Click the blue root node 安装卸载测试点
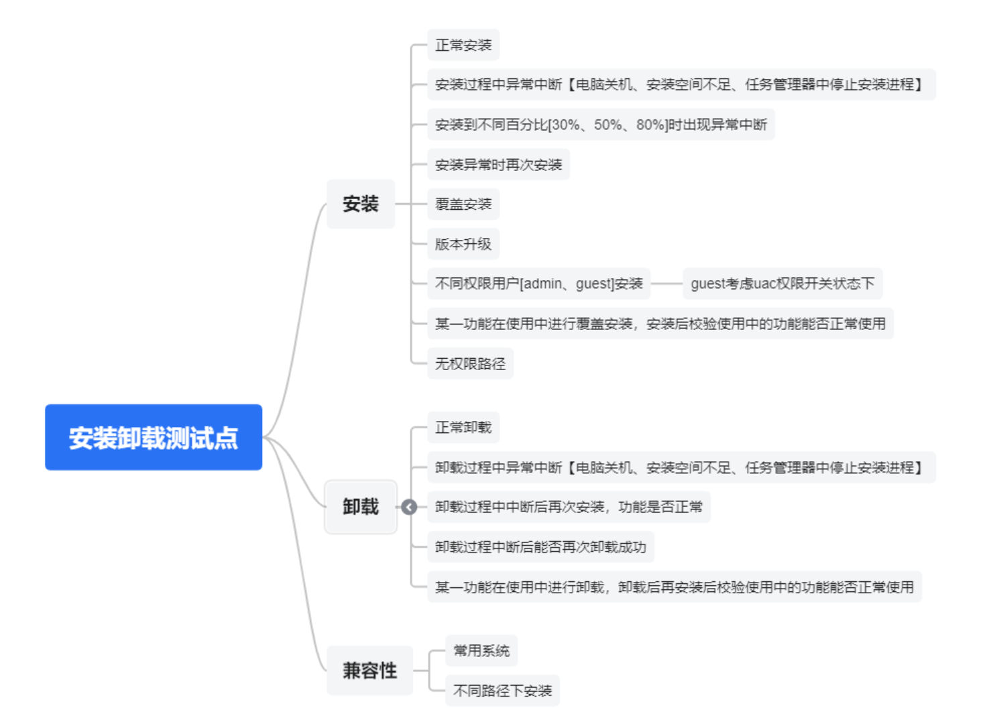(154, 437)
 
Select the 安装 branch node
(361, 204)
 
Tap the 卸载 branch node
(361, 507)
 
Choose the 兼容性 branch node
(369, 670)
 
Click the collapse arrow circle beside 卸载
(409, 507)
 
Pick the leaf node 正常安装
(463, 45)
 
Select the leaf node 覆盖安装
(463, 204)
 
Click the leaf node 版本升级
(463, 244)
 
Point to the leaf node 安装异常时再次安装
(498, 164)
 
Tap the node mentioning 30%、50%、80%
(601, 125)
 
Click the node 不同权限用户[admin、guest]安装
(539, 284)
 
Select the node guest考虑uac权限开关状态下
(782, 284)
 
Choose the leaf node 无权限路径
(470, 363)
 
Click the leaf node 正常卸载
(463, 427)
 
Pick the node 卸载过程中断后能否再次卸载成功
(540, 547)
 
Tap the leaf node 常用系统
(481, 650)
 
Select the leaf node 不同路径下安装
(502, 691)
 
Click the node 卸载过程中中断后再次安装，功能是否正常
(569, 507)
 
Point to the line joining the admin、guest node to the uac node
(666, 284)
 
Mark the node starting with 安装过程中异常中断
(681, 84)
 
